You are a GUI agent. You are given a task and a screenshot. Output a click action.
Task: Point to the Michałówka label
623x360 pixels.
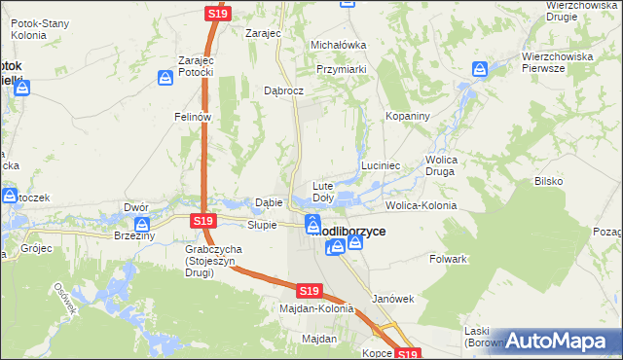[338, 45]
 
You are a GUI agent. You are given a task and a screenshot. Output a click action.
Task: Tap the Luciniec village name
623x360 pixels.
[382, 166]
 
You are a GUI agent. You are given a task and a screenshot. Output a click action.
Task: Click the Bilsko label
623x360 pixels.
[549, 181]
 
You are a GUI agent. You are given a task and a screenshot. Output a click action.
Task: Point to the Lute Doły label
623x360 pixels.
[322, 192]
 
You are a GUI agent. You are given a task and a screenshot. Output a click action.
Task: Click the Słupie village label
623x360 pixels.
[262, 225]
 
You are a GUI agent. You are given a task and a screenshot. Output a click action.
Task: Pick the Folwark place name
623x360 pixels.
[449, 260]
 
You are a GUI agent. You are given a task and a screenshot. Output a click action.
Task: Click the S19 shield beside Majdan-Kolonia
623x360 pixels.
[309, 291]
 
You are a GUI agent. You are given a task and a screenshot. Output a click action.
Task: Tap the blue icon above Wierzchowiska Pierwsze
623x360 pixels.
[480, 70]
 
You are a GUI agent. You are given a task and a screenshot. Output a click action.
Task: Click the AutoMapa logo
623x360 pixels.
[559, 341]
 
